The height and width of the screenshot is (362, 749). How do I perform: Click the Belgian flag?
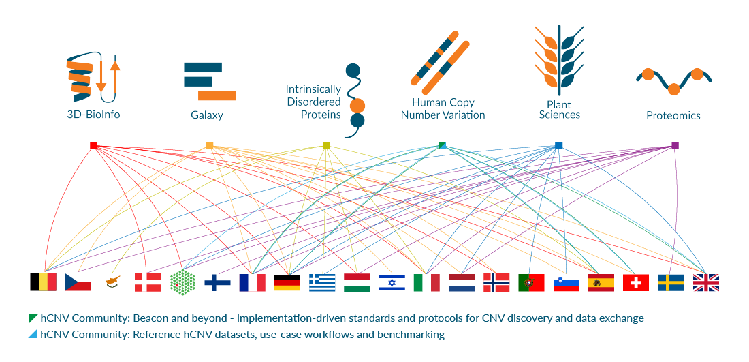[x=44, y=282]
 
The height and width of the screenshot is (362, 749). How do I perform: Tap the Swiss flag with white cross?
[x=636, y=282]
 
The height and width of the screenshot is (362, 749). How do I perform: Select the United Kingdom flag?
[x=706, y=282]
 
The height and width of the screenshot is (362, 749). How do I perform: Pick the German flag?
[x=287, y=282]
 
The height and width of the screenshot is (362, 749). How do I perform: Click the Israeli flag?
[x=392, y=282]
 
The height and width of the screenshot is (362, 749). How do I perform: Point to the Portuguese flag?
[x=531, y=282]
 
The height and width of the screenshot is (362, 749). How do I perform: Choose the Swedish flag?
[x=671, y=282]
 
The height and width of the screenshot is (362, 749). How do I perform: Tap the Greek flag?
[x=322, y=282]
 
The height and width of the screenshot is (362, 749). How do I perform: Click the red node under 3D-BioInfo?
[x=94, y=145]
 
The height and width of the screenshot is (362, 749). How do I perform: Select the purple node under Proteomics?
[x=675, y=145]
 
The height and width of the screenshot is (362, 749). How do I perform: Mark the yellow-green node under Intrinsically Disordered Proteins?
[x=326, y=145]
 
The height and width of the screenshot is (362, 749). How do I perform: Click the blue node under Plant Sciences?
[x=559, y=145]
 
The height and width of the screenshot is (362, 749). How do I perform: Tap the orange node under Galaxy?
[x=210, y=145]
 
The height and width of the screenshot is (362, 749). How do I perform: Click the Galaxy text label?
[x=207, y=115]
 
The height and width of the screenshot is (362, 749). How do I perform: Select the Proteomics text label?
[x=673, y=115]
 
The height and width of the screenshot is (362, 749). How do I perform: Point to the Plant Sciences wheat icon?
[x=559, y=60]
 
